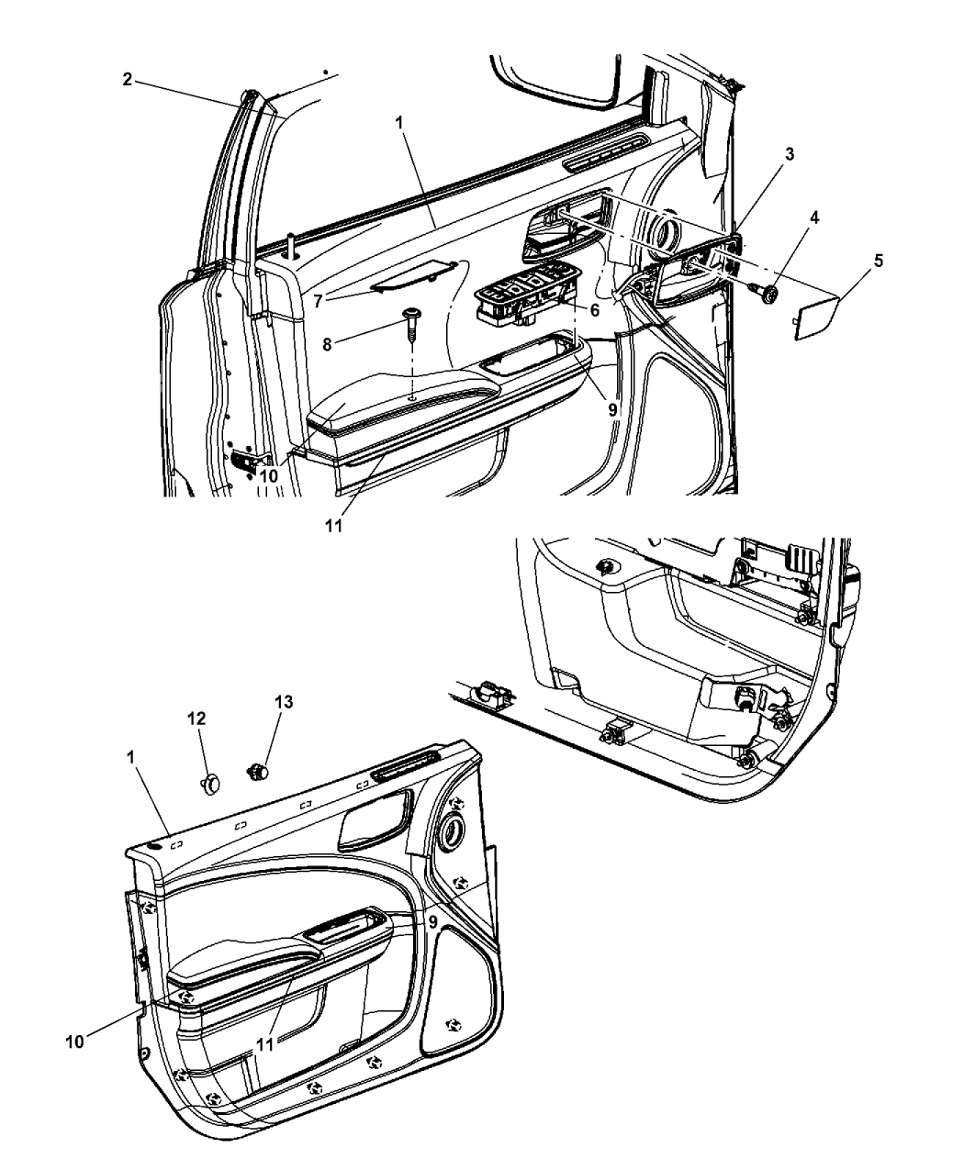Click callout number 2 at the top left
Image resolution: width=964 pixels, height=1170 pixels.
tap(128, 79)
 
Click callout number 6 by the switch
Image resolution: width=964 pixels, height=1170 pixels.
tap(594, 310)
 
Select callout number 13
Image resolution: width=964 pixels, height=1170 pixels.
tap(260, 702)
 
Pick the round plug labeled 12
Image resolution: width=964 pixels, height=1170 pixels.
tap(211, 783)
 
